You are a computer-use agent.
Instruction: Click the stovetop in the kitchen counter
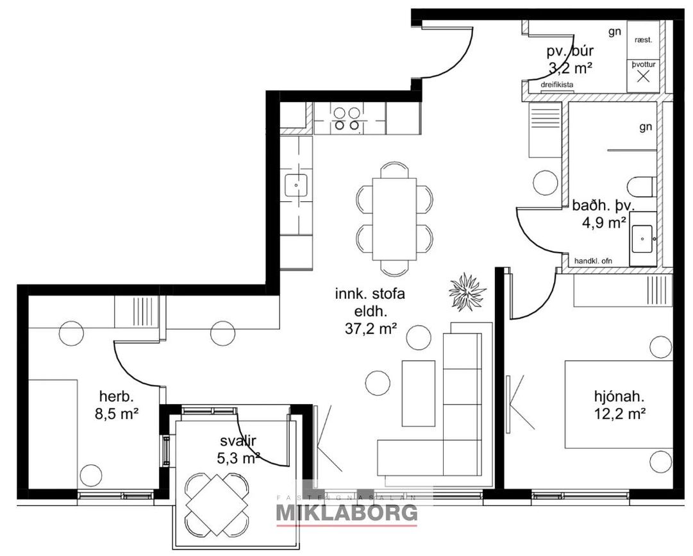pyautogui.click(x=346, y=118)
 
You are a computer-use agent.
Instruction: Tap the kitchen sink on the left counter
pyautogui.click(x=296, y=185)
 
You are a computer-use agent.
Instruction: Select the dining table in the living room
pyautogui.click(x=395, y=219)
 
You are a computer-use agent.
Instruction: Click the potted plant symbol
pyautogui.click(x=467, y=292)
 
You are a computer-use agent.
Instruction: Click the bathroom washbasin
pyautogui.click(x=643, y=238)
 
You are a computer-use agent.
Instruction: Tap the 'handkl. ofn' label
pyautogui.click(x=593, y=261)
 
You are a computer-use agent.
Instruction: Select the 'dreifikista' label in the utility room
pyautogui.click(x=557, y=85)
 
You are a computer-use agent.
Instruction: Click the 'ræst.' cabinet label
pyautogui.click(x=643, y=40)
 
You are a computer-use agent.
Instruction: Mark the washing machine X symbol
pyautogui.click(x=644, y=76)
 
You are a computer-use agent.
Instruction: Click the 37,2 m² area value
pyautogui.click(x=371, y=328)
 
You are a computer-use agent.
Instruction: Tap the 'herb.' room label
pyautogui.click(x=116, y=396)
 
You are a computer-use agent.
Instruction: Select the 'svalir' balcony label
pyautogui.click(x=238, y=441)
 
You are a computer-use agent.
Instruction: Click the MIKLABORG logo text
pyautogui.click(x=346, y=512)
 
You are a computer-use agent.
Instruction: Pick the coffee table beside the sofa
pyautogui.click(x=418, y=393)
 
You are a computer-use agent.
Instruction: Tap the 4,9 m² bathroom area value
pyautogui.click(x=604, y=223)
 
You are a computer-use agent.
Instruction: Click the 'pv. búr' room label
pyautogui.click(x=570, y=51)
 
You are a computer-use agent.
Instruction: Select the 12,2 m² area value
pyautogui.click(x=617, y=414)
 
